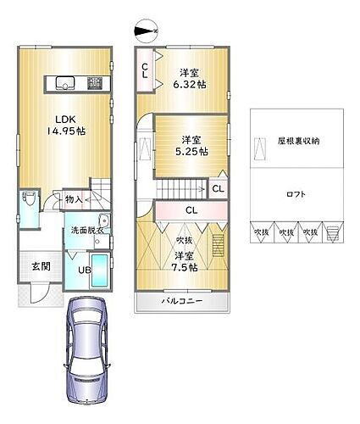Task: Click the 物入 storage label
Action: coord(75,199)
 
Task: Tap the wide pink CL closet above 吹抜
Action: coord(191,210)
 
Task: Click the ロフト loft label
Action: coord(296,194)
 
